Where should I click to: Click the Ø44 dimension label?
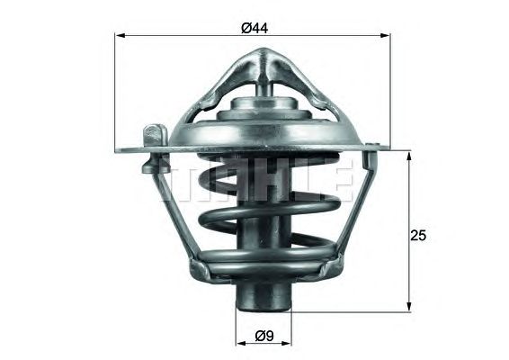255,28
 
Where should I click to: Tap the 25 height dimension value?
417,236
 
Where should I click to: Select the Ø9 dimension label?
263,336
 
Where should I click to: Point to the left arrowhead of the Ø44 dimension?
120,36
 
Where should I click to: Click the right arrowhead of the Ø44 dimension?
389,36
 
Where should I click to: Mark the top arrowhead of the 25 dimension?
409,155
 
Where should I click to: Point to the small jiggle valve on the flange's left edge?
155,133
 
